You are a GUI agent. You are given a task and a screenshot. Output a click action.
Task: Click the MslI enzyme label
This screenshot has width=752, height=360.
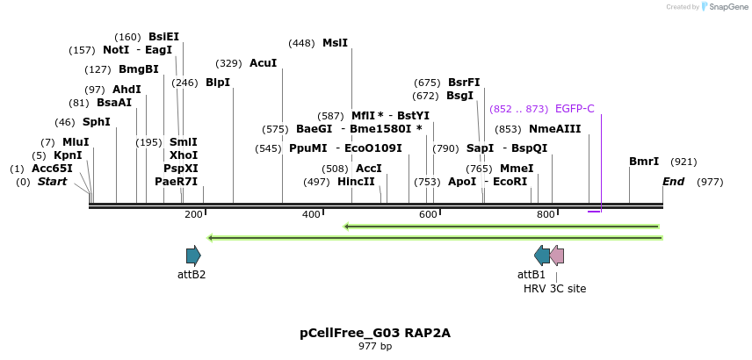pos(335,42)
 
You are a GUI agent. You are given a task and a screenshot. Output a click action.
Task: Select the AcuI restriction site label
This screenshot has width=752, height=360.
pos(263,63)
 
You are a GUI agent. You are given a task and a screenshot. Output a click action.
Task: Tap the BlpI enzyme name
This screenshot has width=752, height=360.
pos(217,83)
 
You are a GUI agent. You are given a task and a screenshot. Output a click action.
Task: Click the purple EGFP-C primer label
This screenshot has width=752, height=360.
pos(575,109)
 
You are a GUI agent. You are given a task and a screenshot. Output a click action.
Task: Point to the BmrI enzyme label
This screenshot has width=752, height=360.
pos(644,162)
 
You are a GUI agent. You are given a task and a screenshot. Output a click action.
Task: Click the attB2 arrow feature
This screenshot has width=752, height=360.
pos(193,256)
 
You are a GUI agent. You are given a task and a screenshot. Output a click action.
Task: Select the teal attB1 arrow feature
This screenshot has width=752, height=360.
pos(542,256)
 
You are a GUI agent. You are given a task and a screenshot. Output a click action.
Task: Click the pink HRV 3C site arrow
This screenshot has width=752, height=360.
pos(557,256)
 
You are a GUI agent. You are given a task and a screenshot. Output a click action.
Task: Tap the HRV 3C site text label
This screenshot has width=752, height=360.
pos(554,288)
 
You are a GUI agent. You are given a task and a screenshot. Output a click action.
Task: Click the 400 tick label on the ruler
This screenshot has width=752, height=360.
pos(311,214)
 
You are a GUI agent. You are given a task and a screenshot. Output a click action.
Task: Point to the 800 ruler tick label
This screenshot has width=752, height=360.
pos(546,214)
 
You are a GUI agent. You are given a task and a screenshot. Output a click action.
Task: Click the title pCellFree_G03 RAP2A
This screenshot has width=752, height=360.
pos(375,334)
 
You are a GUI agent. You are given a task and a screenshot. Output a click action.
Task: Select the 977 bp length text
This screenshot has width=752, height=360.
pos(375,347)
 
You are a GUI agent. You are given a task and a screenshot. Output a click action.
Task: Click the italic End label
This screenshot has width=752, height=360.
pos(673,182)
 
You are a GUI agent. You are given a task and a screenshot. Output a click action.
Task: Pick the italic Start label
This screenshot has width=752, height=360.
pos(52,182)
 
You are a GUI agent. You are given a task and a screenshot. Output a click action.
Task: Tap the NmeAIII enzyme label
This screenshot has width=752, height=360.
pos(555,129)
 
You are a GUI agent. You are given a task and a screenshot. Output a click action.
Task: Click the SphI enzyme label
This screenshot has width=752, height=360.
pos(96,122)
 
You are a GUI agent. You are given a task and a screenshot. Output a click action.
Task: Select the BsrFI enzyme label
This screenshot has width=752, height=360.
pos(464,83)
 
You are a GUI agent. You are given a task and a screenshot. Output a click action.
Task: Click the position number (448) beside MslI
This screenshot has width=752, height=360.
pos(301,43)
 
